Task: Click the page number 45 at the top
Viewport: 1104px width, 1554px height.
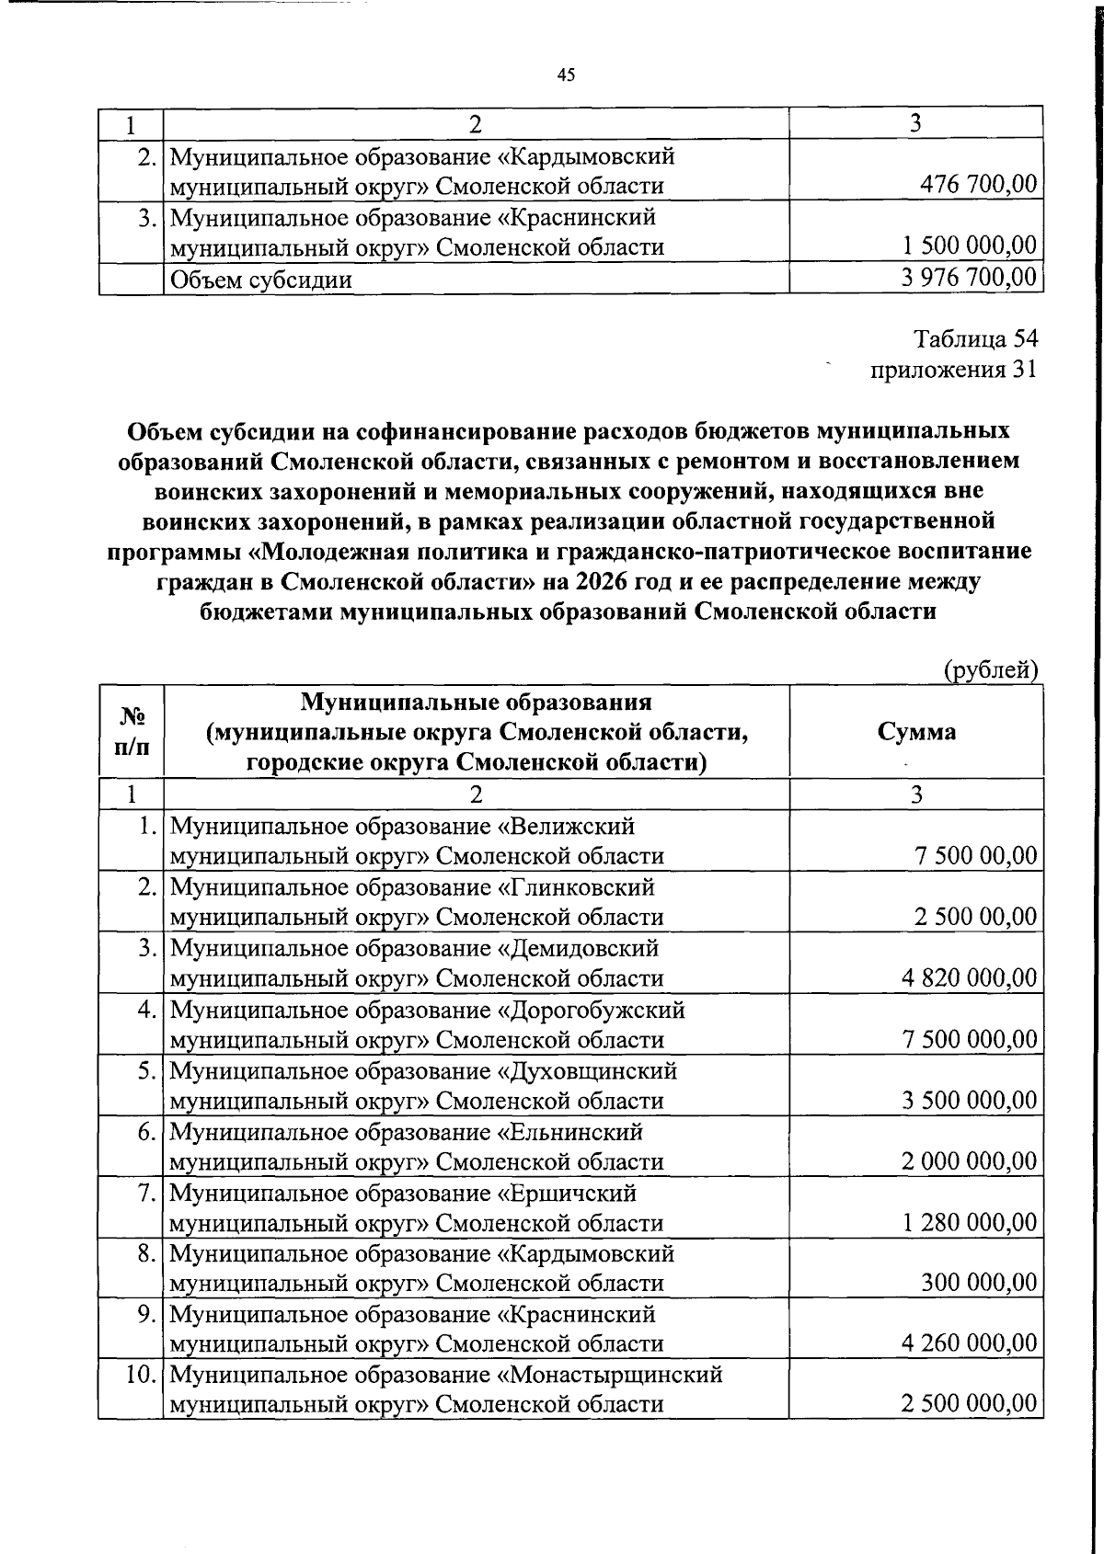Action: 566,76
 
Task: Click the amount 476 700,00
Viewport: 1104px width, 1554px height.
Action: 979,185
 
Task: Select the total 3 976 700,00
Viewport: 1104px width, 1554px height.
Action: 970,278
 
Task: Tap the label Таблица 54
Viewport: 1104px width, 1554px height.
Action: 975,338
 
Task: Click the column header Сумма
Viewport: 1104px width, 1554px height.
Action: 916,732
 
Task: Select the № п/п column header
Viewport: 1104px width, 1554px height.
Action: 132,732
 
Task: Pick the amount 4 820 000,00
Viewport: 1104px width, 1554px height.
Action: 970,977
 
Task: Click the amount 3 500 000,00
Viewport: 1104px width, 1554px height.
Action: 970,1100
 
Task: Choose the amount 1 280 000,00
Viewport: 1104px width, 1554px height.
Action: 970,1222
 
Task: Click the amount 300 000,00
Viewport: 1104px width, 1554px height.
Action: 979,1283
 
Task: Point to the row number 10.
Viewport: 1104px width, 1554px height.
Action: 138,1375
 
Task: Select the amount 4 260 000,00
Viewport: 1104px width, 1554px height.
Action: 970,1343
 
